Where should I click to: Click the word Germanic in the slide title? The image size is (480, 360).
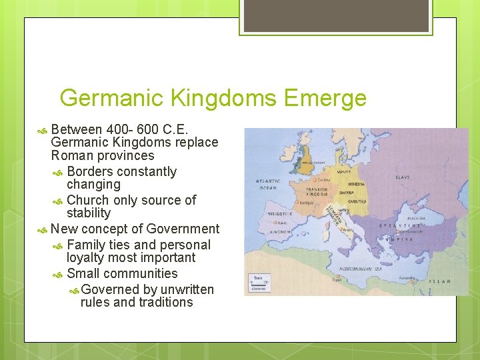[112, 99]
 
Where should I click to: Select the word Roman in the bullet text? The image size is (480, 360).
[72, 155]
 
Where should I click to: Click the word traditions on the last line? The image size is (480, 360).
[167, 302]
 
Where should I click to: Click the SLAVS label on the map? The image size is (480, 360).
[403, 177]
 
